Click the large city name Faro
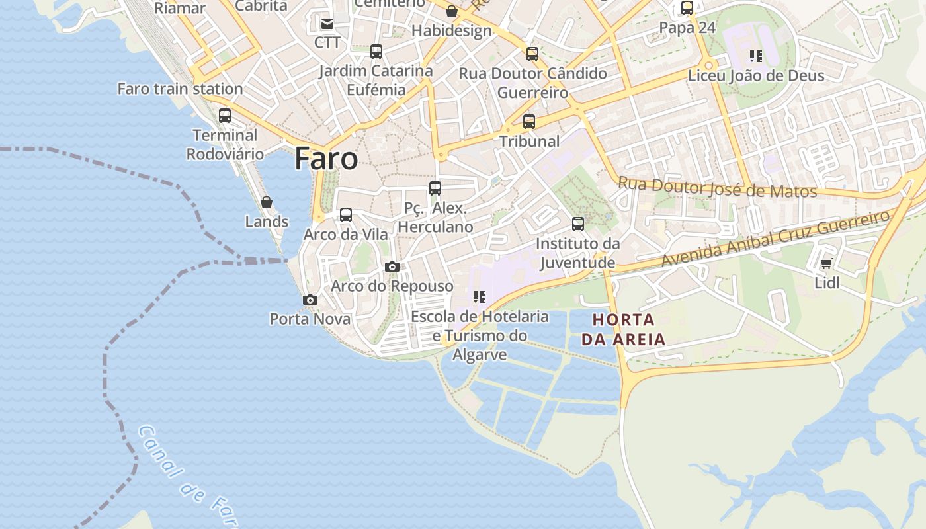click(x=326, y=159)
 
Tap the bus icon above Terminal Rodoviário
click(x=225, y=116)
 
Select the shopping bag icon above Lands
click(x=267, y=202)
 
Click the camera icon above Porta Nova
click(x=310, y=300)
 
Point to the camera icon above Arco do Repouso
click(x=392, y=267)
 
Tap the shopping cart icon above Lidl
click(x=826, y=264)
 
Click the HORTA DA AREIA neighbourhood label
click(x=623, y=330)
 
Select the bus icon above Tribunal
click(x=529, y=122)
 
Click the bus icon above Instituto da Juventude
click(x=578, y=224)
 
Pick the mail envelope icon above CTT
click(x=327, y=24)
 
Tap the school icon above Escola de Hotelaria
click(x=480, y=297)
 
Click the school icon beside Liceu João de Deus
click(x=755, y=56)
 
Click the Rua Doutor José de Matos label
click(x=717, y=188)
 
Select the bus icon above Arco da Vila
click(x=346, y=215)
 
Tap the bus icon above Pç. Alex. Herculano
click(x=435, y=188)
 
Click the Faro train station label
click(x=180, y=89)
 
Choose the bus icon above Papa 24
click(x=687, y=9)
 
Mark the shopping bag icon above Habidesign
click(x=452, y=11)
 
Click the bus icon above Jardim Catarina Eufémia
click(x=376, y=52)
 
